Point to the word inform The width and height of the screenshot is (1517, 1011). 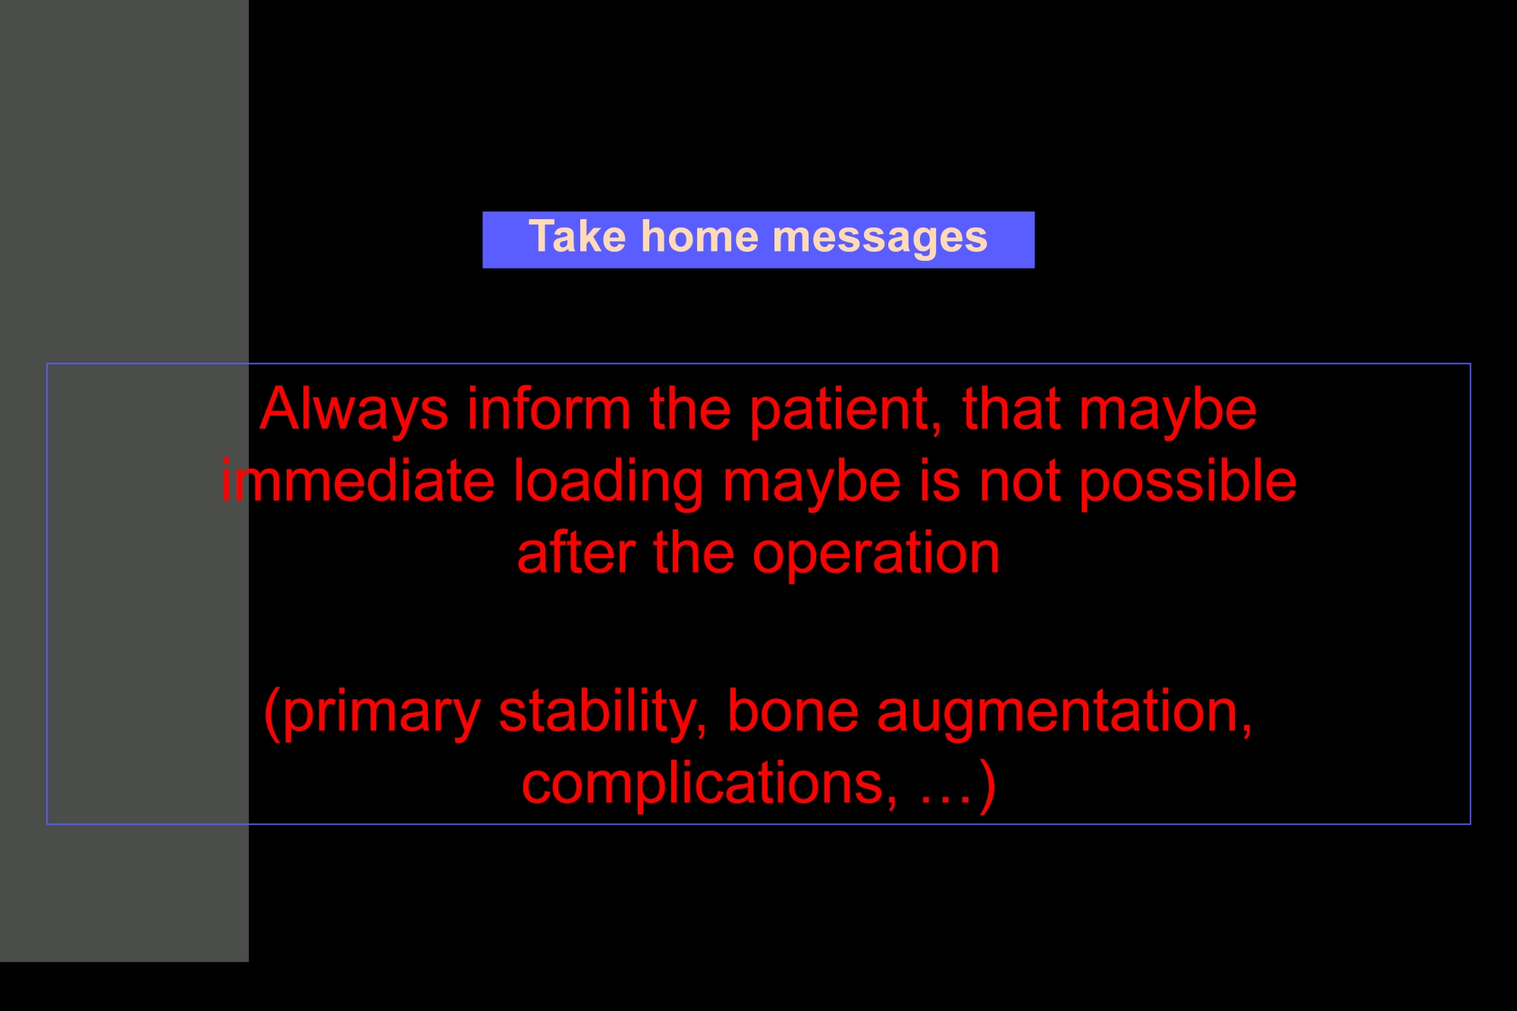[x=549, y=409]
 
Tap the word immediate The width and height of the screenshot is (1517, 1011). [x=358, y=481]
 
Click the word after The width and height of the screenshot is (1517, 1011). [x=576, y=553]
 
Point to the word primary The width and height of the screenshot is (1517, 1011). [x=382, y=713]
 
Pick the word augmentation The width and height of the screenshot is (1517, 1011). [x=1065, y=713]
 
